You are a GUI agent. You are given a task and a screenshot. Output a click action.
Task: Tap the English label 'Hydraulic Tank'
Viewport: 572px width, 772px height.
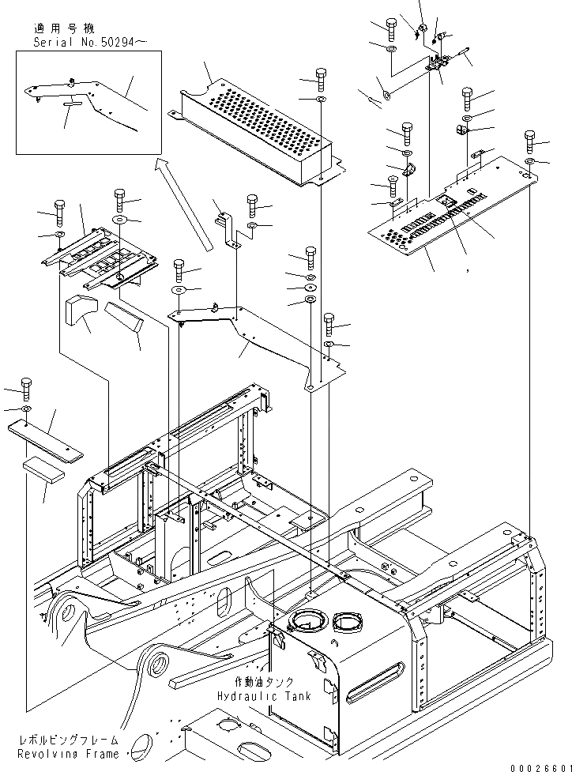[265, 696]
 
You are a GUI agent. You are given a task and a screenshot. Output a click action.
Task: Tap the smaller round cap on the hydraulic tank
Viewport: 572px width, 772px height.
[345, 622]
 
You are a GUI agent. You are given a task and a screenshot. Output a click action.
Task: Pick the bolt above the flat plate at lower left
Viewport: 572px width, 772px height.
[28, 390]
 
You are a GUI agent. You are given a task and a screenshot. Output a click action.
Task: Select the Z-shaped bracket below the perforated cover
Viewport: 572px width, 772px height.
[227, 230]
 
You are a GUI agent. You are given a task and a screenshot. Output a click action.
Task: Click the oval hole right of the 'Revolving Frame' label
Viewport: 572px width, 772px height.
[142, 745]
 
